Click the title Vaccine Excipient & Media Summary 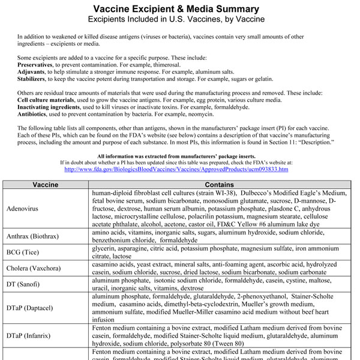[180, 9]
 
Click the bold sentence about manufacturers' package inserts [180, 155]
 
